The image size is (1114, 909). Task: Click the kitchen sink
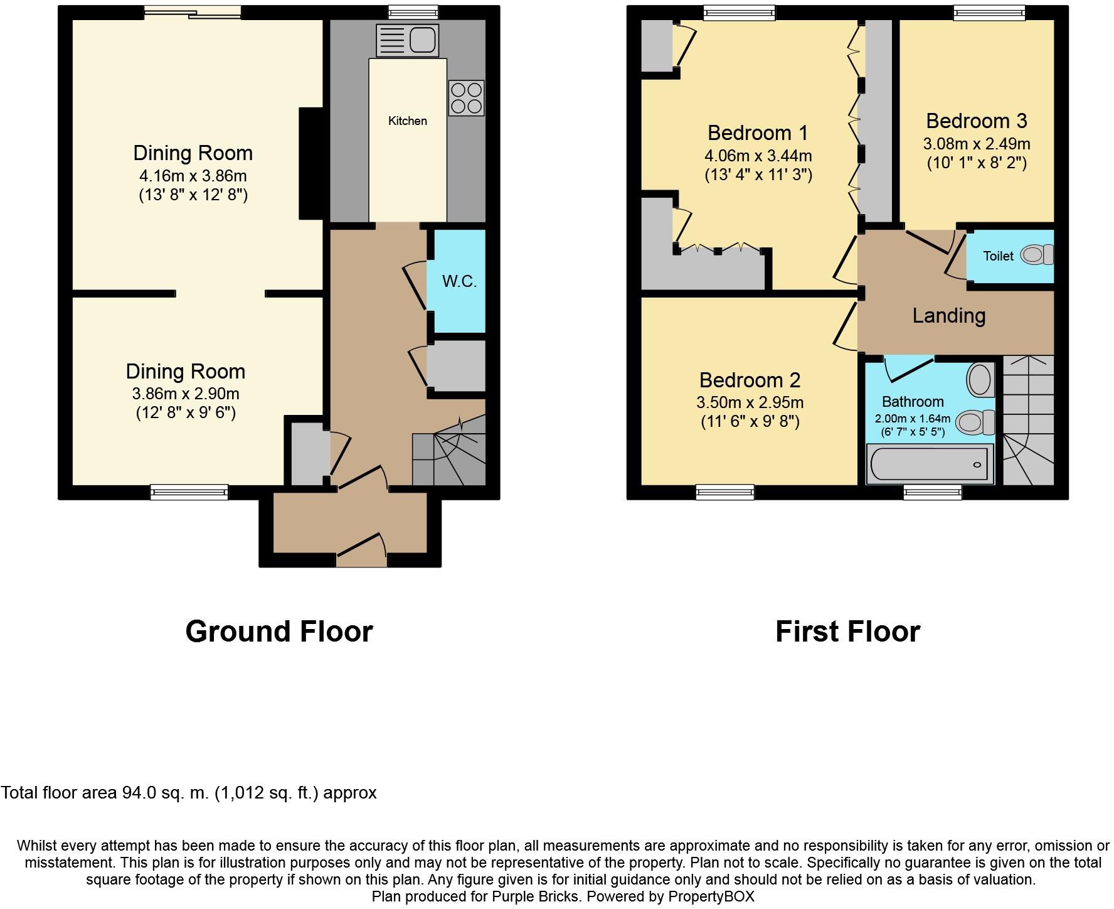click(406, 40)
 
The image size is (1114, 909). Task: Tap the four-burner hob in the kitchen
click(467, 98)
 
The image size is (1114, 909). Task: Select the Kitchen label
click(408, 121)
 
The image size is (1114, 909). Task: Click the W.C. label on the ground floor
click(460, 281)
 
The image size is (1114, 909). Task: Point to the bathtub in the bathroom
click(930, 464)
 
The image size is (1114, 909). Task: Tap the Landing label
click(949, 315)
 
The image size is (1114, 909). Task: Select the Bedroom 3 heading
click(977, 121)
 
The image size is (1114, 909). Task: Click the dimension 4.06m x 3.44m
click(758, 155)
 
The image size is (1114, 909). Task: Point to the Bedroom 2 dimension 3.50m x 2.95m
click(750, 402)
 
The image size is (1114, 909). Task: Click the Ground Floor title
click(279, 631)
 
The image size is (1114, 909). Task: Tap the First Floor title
click(848, 631)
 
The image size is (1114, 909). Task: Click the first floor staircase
click(1029, 420)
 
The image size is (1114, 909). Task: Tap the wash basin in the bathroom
click(980, 379)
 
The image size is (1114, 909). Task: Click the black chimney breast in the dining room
click(311, 164)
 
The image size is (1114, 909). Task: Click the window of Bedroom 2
click(725, 492)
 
